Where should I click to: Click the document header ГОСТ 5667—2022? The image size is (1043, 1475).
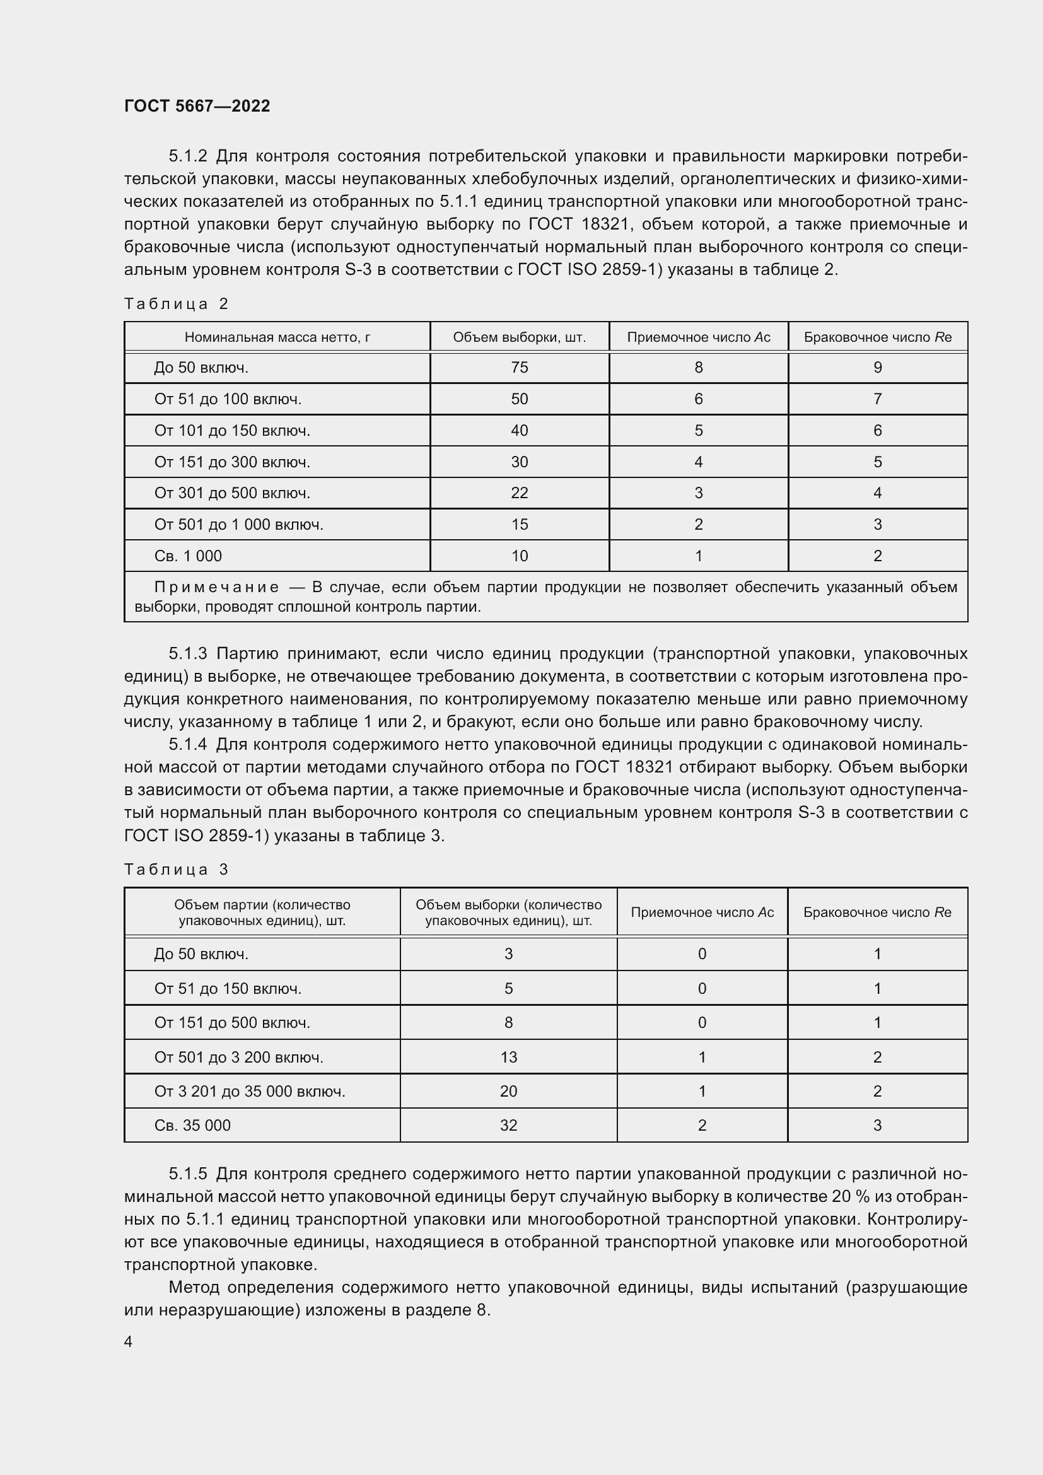pos(197,106)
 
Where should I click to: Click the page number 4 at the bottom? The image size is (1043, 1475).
pos(129,1341)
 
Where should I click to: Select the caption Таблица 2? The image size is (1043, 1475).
pos(176,304)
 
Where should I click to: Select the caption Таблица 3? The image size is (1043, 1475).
pos(176,870)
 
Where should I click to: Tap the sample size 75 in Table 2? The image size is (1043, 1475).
pos(519,368)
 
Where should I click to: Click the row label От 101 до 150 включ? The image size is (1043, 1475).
pos(232,431)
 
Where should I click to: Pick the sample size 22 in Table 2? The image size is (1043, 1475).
pos(519,493)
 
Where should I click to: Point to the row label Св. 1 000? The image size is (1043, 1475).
pos(187,556)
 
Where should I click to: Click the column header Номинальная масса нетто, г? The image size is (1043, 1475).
pos(277,337)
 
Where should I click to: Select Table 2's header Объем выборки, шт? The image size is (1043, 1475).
pos(519,337)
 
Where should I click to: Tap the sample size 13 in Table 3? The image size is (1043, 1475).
pos(508,1057)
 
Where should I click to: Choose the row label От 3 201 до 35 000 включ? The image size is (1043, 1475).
pos(249,1091)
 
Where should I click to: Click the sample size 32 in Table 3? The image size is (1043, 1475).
pos(508,1125)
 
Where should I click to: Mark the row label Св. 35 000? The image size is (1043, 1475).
pos(192,1125)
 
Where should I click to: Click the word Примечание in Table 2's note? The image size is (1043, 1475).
pos(216,587)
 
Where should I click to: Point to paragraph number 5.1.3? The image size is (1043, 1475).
pos(187,654)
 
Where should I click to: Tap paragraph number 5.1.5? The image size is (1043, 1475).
pos(187,1174)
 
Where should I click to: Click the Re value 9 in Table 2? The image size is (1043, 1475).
pos(877,368)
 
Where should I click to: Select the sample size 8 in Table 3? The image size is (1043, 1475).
pos(508,1022)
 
